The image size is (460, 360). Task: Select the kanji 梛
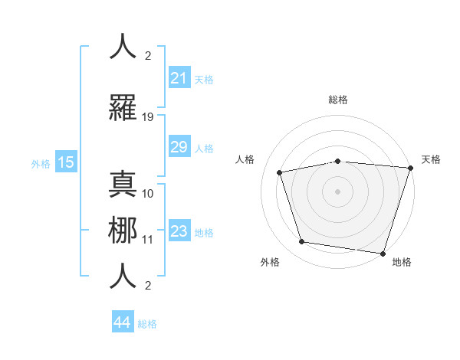coord(123,230)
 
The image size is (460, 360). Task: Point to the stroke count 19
coord(148,116)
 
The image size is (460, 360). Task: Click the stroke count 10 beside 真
coord(148,193)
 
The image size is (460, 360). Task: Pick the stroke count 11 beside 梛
coord(148,239)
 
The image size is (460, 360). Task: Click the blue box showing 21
coord(179,78)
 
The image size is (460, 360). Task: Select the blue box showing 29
coord(179,147)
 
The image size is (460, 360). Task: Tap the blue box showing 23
coord(179,231)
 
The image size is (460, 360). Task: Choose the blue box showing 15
coord(66,162)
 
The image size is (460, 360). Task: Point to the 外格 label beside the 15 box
coord(41,163)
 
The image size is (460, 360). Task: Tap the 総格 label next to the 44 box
coord(147,323)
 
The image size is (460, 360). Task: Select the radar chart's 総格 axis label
coord(337,100)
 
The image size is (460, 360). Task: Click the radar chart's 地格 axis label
coord(402,262)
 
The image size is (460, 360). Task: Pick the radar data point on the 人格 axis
coord(280,172)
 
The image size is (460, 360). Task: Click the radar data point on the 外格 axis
coord(302,242)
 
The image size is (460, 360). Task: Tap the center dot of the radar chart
coord(337,191)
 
